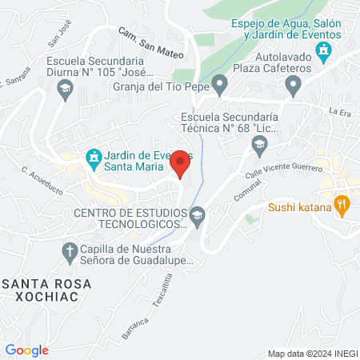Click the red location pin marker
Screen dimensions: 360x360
coord(181,163)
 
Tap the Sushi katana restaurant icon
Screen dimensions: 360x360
coord(342,205)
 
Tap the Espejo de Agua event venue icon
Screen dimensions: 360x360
coord(324,54)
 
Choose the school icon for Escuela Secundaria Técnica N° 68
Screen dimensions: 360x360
coord(259,145)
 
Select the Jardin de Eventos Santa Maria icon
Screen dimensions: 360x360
coord(93,157)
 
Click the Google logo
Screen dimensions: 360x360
coord(26,350)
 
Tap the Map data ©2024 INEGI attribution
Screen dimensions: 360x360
coord(312,354)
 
